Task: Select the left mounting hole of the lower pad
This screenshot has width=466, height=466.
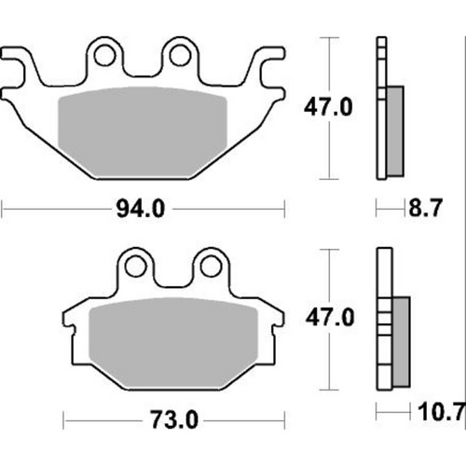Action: pyautogui.click(x=135, y=267)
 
